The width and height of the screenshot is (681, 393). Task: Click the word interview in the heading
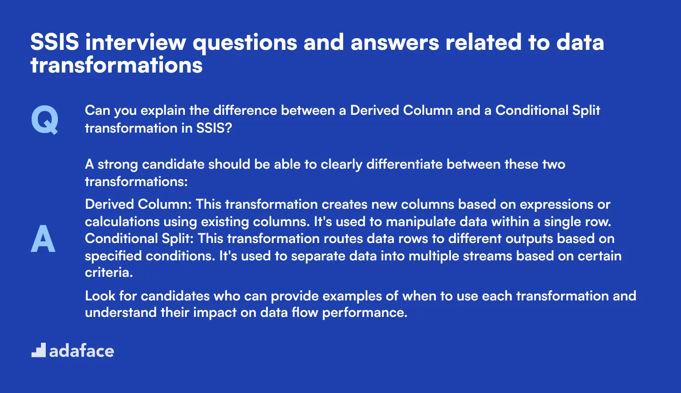[x=136, y=43]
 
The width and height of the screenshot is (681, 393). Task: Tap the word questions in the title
[x=244, y=43]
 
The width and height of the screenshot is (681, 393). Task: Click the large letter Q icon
[x=45, y=120]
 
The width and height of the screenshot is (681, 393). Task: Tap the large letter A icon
[x=43, y=239]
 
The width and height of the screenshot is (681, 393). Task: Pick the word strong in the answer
[x=118, y=164]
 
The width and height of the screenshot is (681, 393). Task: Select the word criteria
[x=109, y=272]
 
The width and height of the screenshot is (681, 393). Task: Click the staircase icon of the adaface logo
[x=39, y=350]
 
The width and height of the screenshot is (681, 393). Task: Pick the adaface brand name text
[x=81, y=351]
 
